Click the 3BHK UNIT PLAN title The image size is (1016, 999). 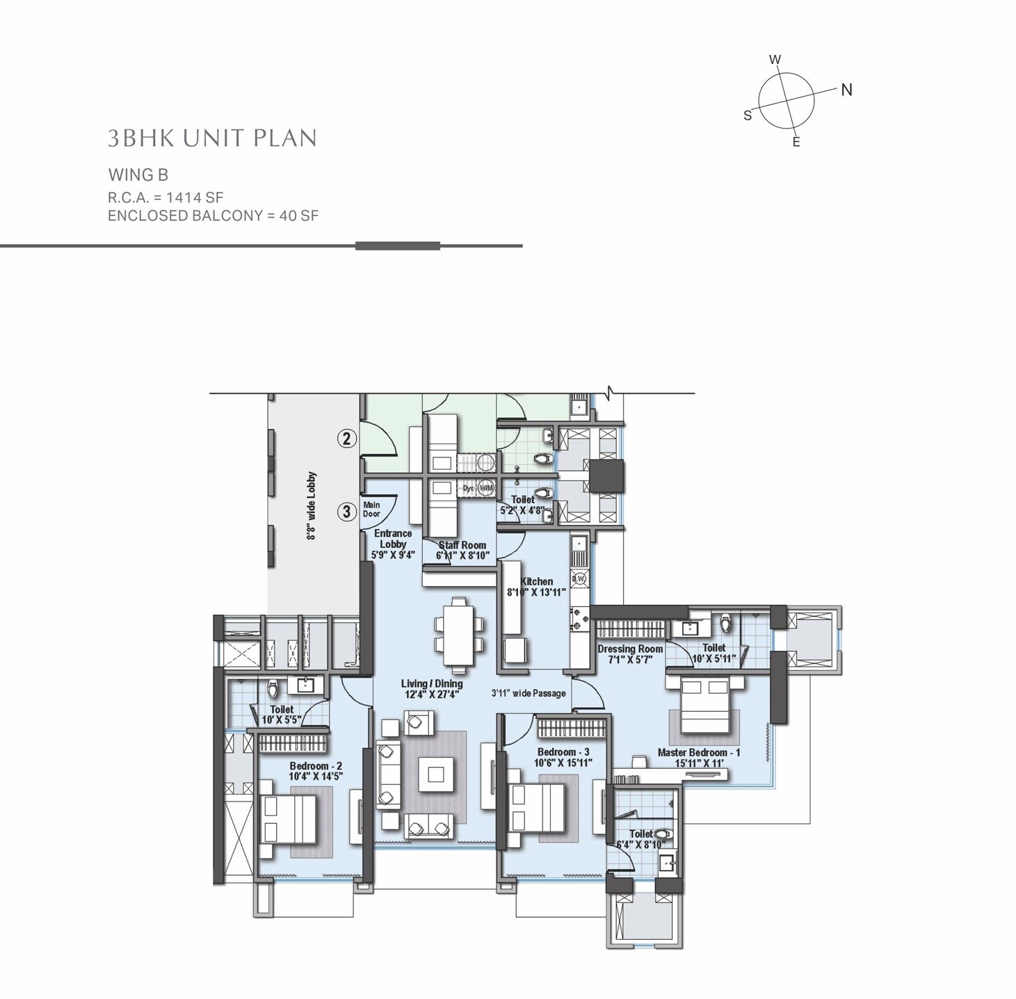(212, 138)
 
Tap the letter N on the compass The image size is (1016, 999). (846, 90)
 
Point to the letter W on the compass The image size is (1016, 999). (775, 60)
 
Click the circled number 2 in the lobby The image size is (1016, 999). (347, 439)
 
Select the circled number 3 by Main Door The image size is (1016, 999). (347, 512)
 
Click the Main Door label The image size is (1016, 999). (371, 510)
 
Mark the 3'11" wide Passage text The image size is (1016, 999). (529, 693)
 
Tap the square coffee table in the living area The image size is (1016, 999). (436, 774)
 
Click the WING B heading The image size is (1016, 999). (138, 175)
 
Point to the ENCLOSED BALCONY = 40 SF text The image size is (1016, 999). (213, 216)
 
